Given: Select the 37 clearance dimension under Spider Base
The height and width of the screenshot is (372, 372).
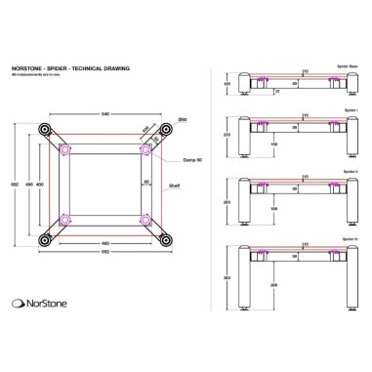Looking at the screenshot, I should point(276,91).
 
